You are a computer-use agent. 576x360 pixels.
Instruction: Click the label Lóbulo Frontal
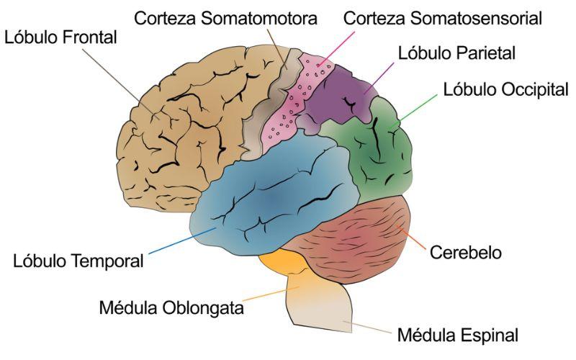[60, 37]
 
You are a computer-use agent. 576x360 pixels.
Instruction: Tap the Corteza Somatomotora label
[225, 19]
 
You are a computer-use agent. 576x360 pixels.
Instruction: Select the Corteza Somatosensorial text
[443, 19]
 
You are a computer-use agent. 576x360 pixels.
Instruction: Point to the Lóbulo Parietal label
[456, 53]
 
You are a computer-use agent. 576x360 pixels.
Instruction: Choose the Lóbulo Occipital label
[506, 89]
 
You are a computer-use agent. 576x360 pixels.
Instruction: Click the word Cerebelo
[465, 253]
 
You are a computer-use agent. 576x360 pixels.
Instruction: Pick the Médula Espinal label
[458, 335]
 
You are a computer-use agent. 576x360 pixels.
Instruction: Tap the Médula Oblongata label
[171, 307]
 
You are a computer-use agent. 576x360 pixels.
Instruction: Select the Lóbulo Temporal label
[78, 261]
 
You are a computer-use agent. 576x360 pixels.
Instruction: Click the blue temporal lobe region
[272, 199]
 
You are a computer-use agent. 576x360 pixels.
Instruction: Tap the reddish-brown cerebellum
[353, 239]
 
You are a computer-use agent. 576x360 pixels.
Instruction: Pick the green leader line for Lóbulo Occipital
[413, 111]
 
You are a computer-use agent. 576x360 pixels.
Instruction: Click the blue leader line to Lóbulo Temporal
[182, 241]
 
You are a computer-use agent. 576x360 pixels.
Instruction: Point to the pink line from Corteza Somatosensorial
[336, 49]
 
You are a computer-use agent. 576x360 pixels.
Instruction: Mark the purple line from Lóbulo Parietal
[379, 78]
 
